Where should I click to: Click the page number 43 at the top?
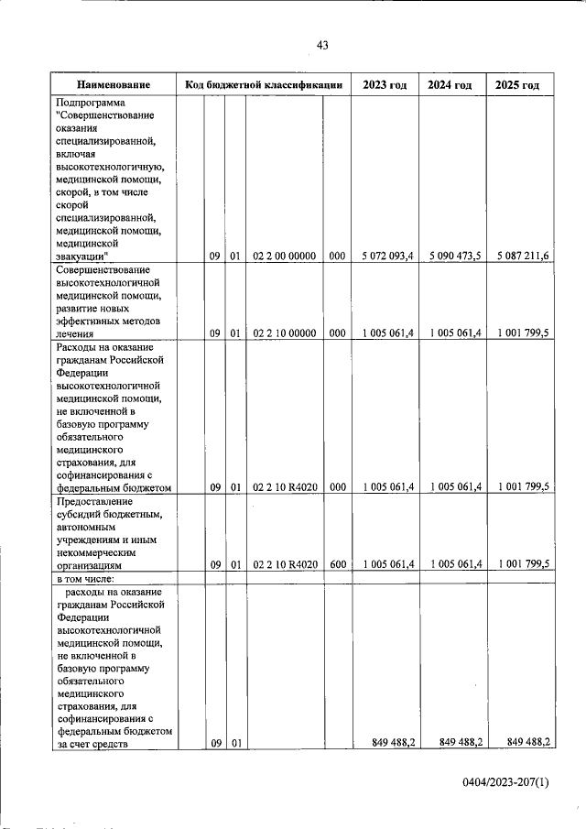tap(321, 45)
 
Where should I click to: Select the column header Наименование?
tap(114, 85)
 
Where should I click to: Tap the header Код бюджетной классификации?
tap(264, 85)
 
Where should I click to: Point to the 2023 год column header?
tap(385, 85)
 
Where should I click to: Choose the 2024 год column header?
tap(450, 85)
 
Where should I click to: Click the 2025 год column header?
tap(518, 85)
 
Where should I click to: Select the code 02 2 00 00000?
tap(285, 256)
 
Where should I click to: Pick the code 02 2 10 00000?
tap(285, 333)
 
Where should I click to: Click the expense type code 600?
tap(337, 565)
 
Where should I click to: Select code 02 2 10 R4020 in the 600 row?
tap(285, 565)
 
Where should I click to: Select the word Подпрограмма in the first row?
tap(91, 103)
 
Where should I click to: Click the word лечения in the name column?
tap(75, 334)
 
